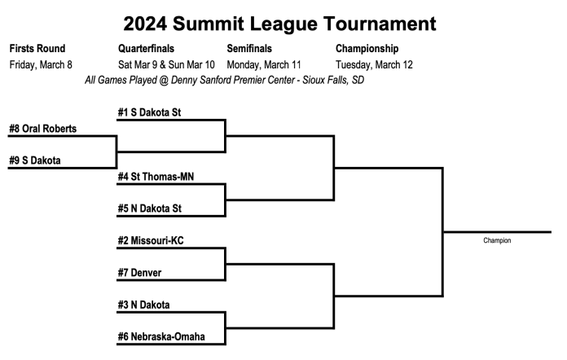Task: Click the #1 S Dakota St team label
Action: (x=149, y=112)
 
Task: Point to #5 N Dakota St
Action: (x=149, y=208)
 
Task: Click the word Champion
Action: (x=497, y=241)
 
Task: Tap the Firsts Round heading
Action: (x=37, y=48)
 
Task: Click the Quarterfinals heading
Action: (x=146, y=48)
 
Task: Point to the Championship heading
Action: (x=368, y=48)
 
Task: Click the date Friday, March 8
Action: (x=42, y=64)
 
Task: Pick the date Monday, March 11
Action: (x=264, y=64)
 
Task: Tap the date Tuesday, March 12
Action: (x=374, y=64)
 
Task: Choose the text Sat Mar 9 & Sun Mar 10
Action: (x=167, y=64)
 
